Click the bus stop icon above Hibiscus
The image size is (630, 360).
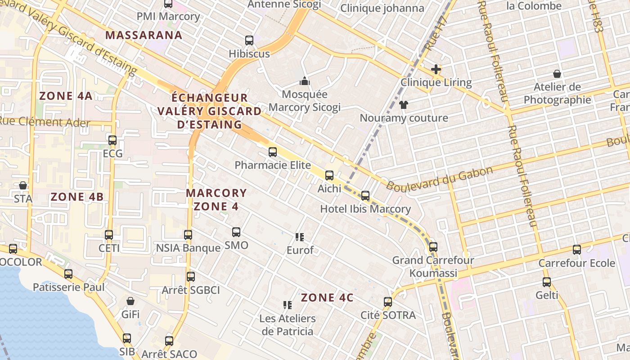point(249,40)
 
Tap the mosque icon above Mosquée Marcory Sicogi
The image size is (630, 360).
point(305,81)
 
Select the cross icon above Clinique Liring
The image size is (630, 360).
point(436,69)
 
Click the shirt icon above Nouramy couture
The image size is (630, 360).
point(403,105)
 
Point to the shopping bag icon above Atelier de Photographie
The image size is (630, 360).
point(557,74)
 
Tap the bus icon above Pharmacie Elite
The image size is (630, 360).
point(273,152)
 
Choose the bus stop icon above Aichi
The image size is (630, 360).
point(329,175)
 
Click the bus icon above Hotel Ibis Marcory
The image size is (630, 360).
point(365,196)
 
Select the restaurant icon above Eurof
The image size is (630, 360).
point(300,237)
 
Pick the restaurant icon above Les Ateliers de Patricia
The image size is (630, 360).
point(288,305)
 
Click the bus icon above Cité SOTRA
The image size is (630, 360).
point(388,302)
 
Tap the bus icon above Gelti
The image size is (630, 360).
point(547,282)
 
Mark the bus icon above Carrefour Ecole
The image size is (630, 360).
point(577,250)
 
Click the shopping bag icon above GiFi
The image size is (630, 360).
point(130,301)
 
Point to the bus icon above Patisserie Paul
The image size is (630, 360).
point(68,274)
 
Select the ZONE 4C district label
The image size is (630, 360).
point(327,298)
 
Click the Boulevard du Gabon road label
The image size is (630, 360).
point(440,179)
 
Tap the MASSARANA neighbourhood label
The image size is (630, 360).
point(144,35)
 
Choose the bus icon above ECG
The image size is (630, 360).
point(112,140)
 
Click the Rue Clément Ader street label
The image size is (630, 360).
point(45,122)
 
